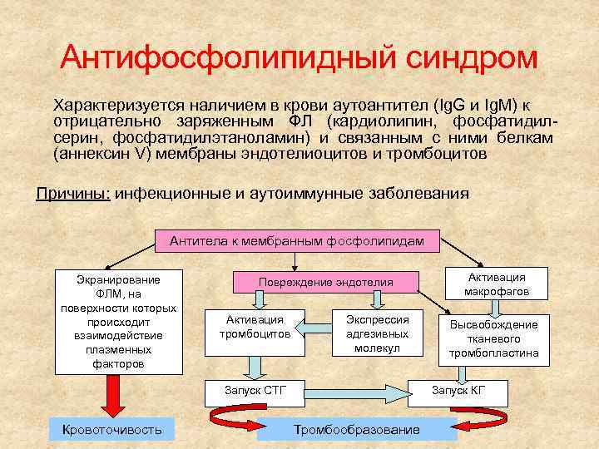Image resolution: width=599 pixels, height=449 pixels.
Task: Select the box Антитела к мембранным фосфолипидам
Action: point(297,241)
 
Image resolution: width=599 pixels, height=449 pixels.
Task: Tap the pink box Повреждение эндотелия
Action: point(325,283)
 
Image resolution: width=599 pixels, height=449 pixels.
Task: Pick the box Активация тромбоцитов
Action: point(255,327)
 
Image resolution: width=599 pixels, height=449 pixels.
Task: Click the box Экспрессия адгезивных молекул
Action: point(377,333)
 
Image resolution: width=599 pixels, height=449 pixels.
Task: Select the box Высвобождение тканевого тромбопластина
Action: point(494,339)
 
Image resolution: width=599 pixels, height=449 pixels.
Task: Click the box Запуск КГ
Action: point(458,389)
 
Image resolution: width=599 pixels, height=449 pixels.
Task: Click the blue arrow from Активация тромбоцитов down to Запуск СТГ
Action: point(254,364)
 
